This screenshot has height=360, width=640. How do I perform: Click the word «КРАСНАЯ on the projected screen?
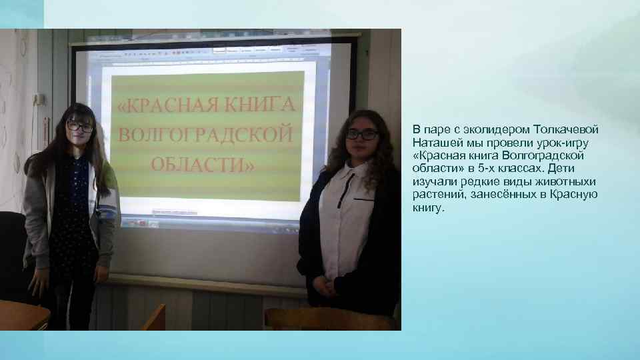(x=169, y=105)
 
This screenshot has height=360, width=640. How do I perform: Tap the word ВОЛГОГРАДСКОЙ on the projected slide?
(x=205, y=135)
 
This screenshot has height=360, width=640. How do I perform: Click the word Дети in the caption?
(x=561, y=169)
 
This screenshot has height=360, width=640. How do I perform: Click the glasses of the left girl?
(x=80, y=127)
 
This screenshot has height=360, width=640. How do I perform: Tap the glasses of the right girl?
(x=362, y=134)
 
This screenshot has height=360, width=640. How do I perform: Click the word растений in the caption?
(x=435, y=195)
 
